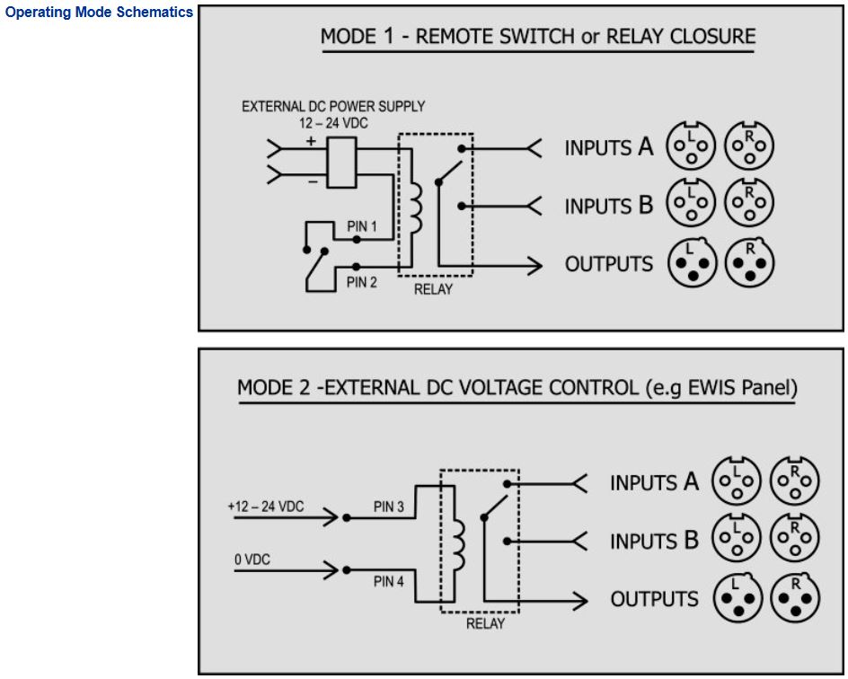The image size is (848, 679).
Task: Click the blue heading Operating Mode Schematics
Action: pyautogui.click(x=99, y=13)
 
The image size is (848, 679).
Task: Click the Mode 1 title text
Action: pyautogui.click(x=538, y=37)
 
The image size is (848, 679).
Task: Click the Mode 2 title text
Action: pyautogui.click(x=517, y=388)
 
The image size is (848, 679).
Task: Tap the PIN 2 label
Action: pyautogui.click(x=362, y=283)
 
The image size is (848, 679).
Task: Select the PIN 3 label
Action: pyautogui.click(x=389, y=507)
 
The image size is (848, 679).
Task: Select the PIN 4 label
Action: pyautogui.click(x=389, y=582)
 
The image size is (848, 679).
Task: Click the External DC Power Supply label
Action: pyautogui.click(x=333, y=106)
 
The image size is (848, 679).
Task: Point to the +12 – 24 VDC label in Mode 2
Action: pyautogui.click(x=266, y=507)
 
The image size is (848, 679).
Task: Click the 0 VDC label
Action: pyautogui.click(x=252, y=560)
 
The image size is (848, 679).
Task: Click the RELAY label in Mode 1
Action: pyautogui.click(x=433, y=289)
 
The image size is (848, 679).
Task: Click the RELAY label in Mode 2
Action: pyautogui.click(x=485, y=623)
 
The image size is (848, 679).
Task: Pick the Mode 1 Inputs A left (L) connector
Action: pyautogui.click(x=691, y=146)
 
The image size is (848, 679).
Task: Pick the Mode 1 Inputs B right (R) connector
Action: pyautogui.click(x=749, y=204)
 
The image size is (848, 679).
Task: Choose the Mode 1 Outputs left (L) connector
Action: pyautogui.click(x=691, y=263)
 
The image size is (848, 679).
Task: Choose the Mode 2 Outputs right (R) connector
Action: pyautogui.click(x=795, y=597)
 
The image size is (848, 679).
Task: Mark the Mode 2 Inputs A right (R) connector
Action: pyautogui.click(x=795, y=481)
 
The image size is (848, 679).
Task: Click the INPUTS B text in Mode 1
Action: pyautogui.click(x=608, y=206)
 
